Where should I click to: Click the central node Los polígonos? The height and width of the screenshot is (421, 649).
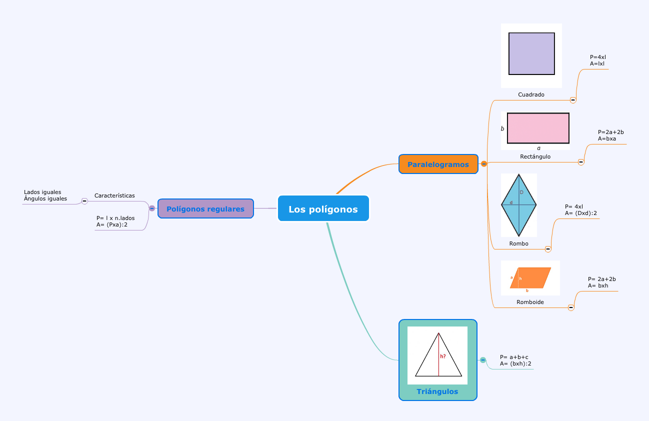323,209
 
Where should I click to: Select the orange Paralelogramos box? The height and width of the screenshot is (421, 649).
438,164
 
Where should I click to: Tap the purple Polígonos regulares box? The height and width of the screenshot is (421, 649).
205,208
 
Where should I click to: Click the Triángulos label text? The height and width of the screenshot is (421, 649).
437,391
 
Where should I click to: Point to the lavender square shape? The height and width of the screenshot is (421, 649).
531,53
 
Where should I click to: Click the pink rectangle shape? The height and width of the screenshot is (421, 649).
538,128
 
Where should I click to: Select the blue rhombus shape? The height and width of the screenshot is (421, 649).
519,204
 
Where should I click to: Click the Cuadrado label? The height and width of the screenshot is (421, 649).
531,94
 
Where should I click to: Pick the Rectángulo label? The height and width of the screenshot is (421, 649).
535,156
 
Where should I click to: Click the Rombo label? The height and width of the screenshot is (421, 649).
518,243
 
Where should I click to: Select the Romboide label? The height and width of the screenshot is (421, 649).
530,302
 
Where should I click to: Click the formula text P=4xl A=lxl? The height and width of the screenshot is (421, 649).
598,60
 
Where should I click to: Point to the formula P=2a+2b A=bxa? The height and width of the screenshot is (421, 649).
610,135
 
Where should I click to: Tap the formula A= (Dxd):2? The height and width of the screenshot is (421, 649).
581,213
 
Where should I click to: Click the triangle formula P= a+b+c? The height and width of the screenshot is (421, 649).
514,357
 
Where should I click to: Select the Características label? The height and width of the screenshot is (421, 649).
114,195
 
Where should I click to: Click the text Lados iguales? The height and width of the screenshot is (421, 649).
42,192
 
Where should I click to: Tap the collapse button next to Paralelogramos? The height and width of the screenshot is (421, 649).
484,163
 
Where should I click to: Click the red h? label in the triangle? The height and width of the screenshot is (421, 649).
443,356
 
